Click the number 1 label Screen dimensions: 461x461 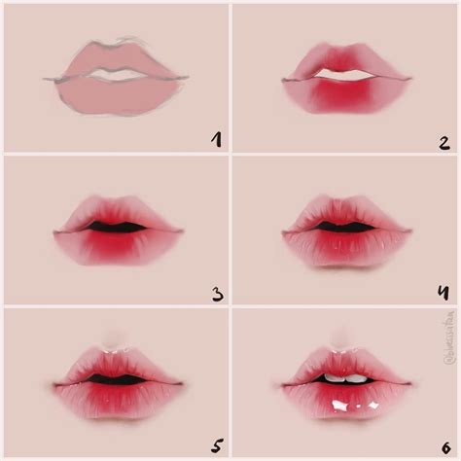click(214, 139)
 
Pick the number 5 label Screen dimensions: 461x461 click(212, 441)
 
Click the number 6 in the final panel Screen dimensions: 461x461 click(443, 441)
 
